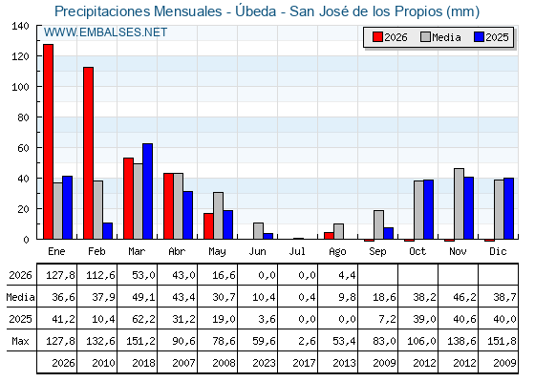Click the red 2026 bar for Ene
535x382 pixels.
pos(48,141)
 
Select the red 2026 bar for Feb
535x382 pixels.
pos(88,153)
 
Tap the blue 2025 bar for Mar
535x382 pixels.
pos(148,191)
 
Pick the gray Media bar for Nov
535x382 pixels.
pos(459,203)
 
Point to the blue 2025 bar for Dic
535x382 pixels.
pos(508,208)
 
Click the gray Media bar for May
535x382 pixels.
pos(219,216)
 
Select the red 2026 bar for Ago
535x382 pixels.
pos(330,236)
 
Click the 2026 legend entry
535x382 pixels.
pos(390,37)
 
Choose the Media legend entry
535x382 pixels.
pos(440,37)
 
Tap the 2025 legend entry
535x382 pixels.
pos(491,37)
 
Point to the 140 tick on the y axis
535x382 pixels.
pos(20,26)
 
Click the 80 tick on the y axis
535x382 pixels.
pos(23,117)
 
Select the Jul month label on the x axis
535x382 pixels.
pos(297,252)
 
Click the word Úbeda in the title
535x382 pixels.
pos(256,11)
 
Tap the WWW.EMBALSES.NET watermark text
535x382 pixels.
pos(105,32)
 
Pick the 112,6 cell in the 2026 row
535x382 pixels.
pos(100,275)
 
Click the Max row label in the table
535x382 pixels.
pos(20,341)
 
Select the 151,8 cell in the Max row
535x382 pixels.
pos(502,341)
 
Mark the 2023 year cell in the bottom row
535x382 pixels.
pos(264,363)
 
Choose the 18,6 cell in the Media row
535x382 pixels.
pos(384,297)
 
